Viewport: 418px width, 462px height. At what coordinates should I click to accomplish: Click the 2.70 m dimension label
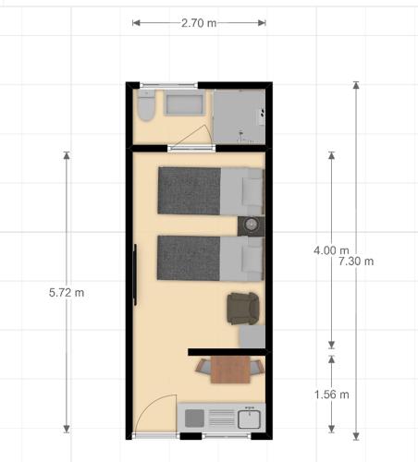(x=199, y=23)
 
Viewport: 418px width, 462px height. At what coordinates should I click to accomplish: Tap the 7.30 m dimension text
(x=356, y=261)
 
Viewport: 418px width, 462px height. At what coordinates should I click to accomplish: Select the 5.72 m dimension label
(x=67, y=293)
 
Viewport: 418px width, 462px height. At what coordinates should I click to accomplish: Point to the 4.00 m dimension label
(x=331, y=250)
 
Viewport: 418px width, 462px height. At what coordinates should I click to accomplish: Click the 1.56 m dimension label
(x=331, y=395)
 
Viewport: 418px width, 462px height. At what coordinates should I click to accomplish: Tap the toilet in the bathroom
(x=146, y=105)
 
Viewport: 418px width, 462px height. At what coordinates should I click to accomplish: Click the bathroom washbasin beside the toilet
(x=184, y=105)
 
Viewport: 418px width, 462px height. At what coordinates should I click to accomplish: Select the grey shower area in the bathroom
(x=240, y=116)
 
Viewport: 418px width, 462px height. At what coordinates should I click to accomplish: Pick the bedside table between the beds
(x=251, y=225)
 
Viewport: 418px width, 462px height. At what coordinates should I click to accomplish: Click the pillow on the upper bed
(x=252, y=191)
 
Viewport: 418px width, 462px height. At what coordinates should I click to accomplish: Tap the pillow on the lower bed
(x=252, y=259)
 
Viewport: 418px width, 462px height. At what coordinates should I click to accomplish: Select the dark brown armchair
(x=243, y=309)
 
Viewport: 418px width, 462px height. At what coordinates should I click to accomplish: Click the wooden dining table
(x=230, y=370)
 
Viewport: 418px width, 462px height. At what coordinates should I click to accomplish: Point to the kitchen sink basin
(x=249, y=419)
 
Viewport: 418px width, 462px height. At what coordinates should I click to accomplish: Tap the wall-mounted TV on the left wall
(x=135, y=274)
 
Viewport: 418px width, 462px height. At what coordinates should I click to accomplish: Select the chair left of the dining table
(x=203, y=367)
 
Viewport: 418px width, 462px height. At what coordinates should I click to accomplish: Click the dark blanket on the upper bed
(x=190, y=190)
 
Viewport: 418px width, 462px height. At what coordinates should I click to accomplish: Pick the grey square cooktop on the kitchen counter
(x=194, y=419)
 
